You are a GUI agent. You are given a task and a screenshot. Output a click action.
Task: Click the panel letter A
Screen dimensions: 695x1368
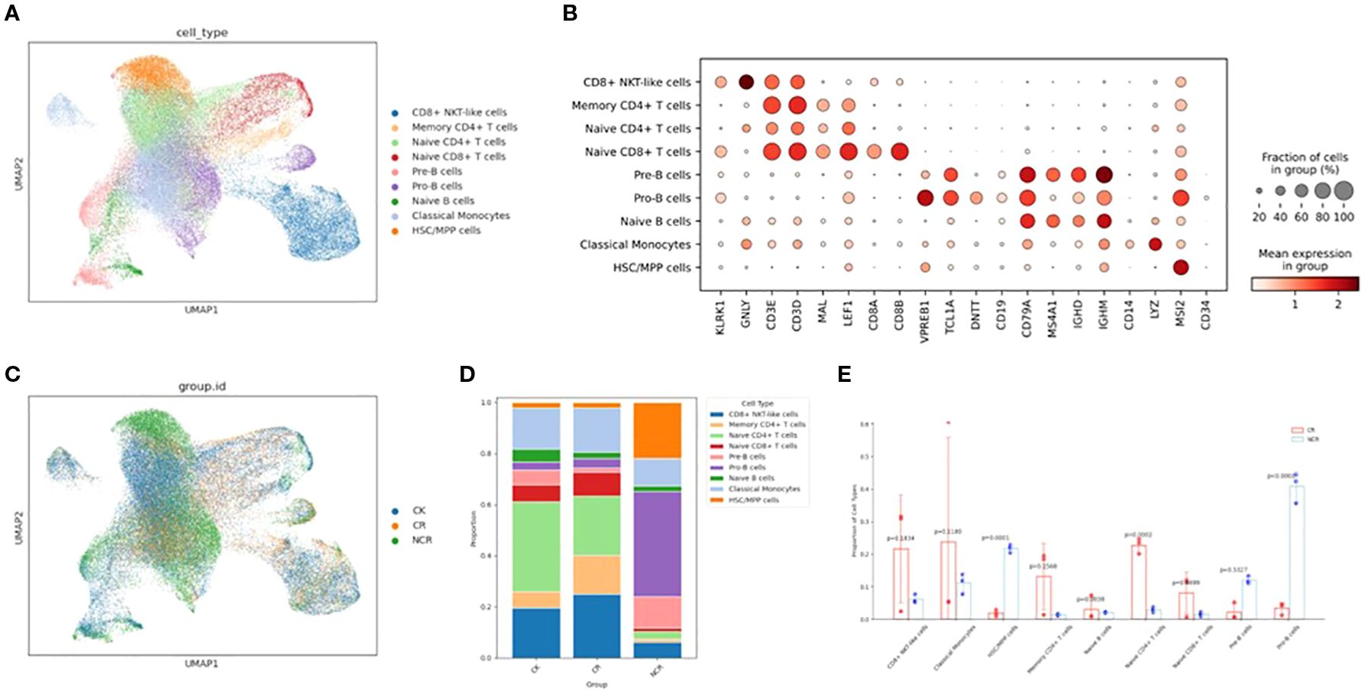click(x=11, y=13)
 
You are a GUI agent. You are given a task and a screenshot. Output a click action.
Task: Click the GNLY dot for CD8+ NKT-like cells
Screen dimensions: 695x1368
click(x=746, y=82)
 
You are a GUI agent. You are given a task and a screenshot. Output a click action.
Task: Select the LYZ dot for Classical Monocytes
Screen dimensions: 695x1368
click(x=1155, y=244)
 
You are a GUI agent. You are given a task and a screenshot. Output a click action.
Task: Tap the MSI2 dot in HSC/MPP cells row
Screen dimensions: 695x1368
click(x=1181, y=267)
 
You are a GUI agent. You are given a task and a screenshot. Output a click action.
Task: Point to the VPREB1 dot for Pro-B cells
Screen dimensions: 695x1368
click(x=925, y=198)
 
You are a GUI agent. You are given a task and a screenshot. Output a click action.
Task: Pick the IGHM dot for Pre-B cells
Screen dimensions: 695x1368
click(x=1104, y=175)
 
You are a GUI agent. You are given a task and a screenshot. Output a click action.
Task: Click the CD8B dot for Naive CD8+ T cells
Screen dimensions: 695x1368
click(x=899, y=151)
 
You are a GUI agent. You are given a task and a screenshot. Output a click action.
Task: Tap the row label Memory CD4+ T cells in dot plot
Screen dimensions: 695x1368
click(x=631, y=105)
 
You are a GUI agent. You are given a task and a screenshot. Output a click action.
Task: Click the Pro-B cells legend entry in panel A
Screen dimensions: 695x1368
click(x=436, y=186)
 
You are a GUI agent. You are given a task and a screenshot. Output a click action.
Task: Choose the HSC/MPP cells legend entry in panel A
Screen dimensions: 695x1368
click(x=445, y=230)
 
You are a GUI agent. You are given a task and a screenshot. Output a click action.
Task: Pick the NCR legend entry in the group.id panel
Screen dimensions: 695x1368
click(x=421, y=540)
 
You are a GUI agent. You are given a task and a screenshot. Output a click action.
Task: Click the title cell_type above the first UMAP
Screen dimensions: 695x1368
click(x=202, y=32)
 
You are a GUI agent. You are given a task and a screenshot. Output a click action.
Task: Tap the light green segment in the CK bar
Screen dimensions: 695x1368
click(x=535, y=546)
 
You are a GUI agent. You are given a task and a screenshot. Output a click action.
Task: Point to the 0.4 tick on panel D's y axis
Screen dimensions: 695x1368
click(x=486, y=555)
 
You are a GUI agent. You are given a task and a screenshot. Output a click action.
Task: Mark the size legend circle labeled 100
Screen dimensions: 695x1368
click(x=1344, y=191)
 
